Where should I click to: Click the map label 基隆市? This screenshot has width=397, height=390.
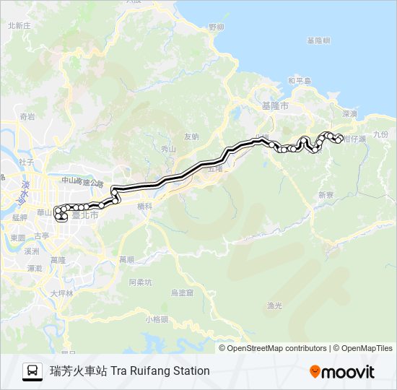[275, 105]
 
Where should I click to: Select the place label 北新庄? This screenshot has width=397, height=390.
[19, 25]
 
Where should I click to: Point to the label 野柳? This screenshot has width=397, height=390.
[216, 27]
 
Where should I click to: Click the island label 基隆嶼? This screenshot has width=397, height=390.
[318, 40]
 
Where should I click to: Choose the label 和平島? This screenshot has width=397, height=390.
[299, 81]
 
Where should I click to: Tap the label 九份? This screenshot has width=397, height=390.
[380, 134]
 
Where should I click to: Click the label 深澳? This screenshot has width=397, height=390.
[350, 113]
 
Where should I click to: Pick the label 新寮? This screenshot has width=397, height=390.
[326, 195]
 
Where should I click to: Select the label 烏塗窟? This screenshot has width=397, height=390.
[183, 292]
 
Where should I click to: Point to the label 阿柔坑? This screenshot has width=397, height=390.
[140, 282]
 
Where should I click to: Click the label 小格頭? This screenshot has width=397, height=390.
[156, 318]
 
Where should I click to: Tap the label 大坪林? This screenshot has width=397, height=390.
[62, 293]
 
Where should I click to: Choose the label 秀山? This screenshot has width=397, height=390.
[168, 149]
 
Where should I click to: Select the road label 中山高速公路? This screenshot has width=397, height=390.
[83, 184]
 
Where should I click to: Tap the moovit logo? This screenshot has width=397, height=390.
[342, 371]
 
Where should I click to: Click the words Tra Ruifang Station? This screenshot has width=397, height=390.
[160, 371]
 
